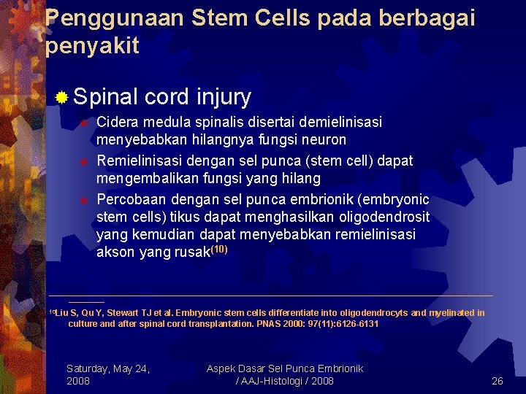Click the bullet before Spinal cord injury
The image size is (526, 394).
[63, 97]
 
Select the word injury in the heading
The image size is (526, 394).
[224, 96]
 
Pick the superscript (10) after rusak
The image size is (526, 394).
[218, 250]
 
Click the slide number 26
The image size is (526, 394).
[498, 381]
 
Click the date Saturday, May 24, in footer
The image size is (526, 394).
[108, 368]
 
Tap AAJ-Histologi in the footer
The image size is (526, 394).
[270, 381]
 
